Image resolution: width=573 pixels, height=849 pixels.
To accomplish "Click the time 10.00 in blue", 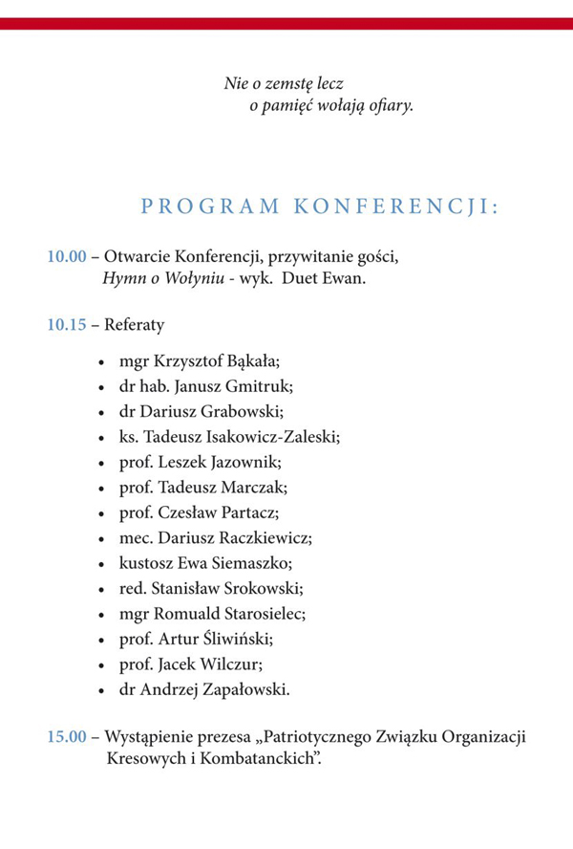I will tap(67, 257).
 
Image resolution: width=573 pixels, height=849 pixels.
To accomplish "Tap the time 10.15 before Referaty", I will tap(67, 325).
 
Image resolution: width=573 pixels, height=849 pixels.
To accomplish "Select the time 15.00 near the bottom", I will tap(67, 738).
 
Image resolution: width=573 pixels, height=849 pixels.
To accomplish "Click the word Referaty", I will tap(135, 325).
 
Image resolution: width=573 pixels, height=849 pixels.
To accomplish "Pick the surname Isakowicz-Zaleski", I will tap(278, 436).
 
